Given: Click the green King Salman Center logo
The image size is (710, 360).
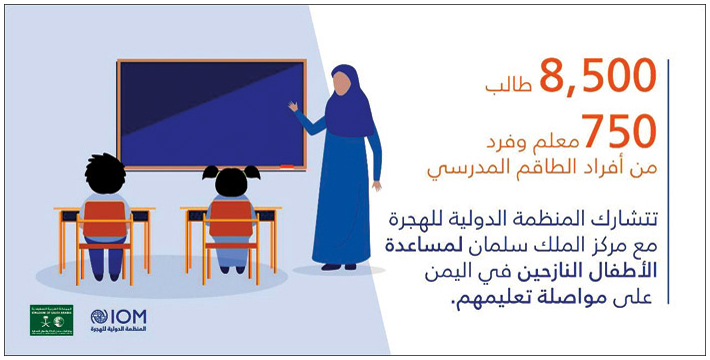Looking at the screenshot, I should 51,319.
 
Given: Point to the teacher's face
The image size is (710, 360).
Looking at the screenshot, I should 342,84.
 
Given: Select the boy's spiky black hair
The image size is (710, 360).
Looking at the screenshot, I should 105,171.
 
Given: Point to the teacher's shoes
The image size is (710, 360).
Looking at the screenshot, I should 337,266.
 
